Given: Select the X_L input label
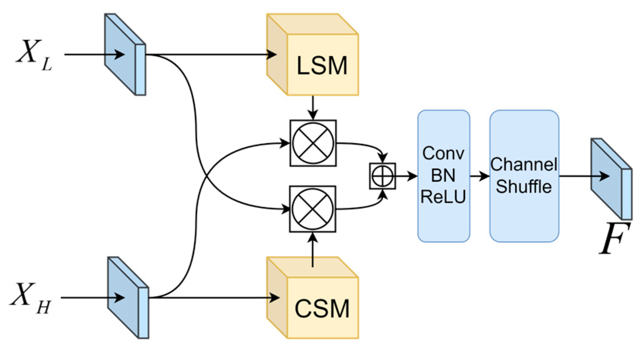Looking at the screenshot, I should click(x=34, y=54).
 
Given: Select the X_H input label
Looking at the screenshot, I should click(x=31, y=297).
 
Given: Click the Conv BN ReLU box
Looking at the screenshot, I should click(x=443, y=176).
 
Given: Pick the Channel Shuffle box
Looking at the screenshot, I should click(x=524, y=176).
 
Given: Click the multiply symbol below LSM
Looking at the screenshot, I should click(x=313, y=143).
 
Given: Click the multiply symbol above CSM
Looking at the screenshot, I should click(x=312, y=209).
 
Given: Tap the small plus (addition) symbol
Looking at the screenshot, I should click(x=382, y=176).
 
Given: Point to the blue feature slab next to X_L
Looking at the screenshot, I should click(x=125, y=54).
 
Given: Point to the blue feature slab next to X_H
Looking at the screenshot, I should click(x=128, y=297).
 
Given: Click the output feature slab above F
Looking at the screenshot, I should click(x=611, y=179).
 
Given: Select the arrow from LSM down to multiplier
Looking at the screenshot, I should click(x=313, y=108).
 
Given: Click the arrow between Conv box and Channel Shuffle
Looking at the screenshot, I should click(x=479, y=176).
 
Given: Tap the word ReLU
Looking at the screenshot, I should click(x=443, y=197).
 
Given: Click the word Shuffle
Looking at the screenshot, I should click(x=524, y=187).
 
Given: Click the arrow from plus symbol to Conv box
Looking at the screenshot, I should click(x=406, y=176).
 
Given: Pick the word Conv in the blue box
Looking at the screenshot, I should click(x=443, y=154).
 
